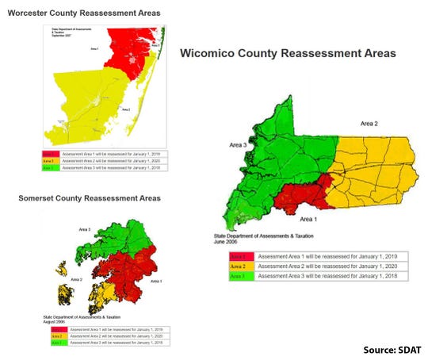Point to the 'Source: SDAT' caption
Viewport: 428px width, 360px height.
coord(392,349)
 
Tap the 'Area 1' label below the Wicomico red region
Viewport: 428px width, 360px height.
coord(311,217)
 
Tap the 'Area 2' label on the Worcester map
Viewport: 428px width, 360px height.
coord(126,109)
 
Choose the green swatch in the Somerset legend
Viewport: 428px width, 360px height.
coord(55,342)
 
